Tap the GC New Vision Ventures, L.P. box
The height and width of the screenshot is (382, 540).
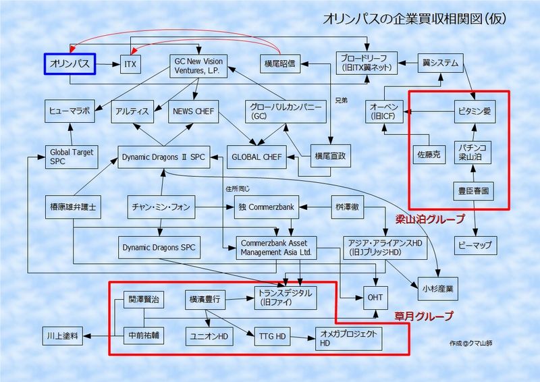(198, 66)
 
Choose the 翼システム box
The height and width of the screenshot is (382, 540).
(439, 63)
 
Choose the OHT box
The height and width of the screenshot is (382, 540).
(373, 297)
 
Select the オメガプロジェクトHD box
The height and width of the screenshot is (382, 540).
(350, 338)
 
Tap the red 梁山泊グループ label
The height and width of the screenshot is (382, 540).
(430, 220)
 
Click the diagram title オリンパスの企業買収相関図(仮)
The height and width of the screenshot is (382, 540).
(413, 18)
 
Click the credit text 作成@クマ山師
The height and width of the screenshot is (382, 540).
(470, 343)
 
